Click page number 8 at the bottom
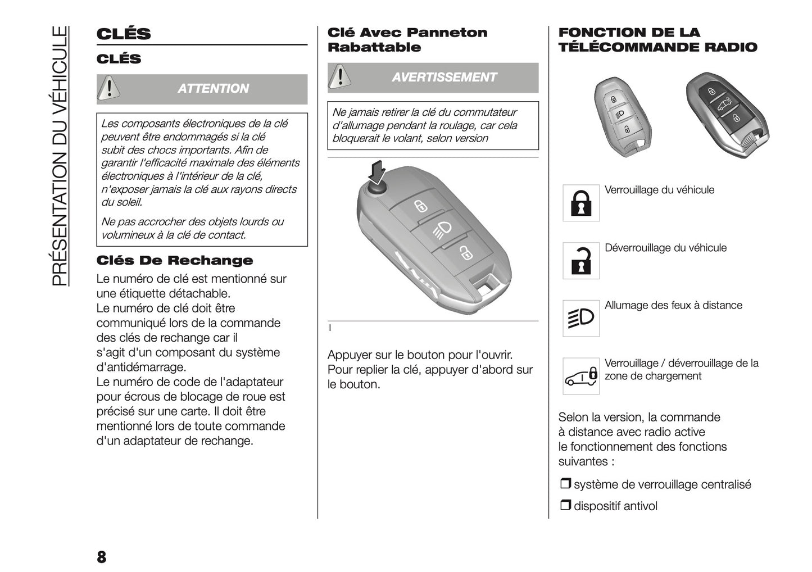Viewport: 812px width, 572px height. point(101,557)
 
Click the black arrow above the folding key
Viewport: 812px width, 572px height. point(378,171)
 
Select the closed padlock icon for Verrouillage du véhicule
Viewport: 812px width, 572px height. point(581,203)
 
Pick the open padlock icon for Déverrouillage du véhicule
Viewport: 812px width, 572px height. point(581,261)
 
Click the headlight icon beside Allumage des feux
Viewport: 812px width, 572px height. point(581,319)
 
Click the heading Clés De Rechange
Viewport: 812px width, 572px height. point(175,261)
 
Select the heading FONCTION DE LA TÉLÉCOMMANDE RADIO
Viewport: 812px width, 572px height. point(657,40)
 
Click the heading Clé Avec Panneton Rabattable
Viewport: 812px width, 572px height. point(407,40)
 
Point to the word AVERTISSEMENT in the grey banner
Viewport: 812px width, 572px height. point(444,78)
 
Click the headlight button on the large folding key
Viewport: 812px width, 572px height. point(442,230)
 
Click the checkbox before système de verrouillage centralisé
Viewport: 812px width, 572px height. point(565,484)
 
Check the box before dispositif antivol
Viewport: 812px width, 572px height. point(565,505)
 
